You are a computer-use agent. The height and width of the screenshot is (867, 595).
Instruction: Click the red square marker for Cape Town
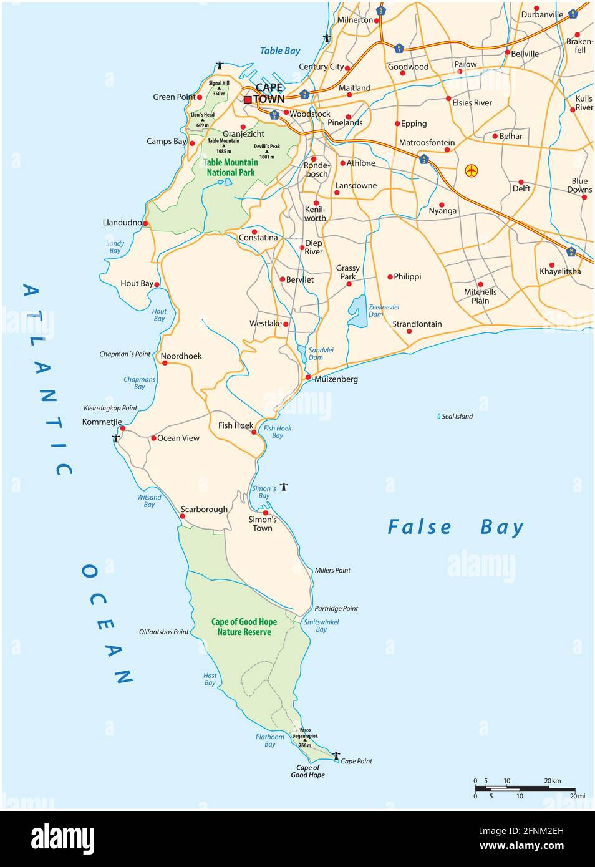[248, 100]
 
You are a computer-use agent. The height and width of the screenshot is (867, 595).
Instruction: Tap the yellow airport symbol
[472, 170]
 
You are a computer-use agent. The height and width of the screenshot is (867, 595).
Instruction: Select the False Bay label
[455, 528]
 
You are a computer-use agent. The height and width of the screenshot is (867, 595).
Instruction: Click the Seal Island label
[457, 416]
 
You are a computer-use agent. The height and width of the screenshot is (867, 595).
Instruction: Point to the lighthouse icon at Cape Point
[336, 755]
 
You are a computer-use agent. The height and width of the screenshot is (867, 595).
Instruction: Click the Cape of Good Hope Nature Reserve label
[244, 627]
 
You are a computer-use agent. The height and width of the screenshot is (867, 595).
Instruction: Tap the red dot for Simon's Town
[265, 513]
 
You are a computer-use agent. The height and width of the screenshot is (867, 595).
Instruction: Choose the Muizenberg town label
[336, 379]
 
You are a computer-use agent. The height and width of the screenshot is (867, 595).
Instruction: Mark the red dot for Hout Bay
[157, 284]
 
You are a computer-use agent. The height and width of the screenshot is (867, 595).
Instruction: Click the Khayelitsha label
[559, 271]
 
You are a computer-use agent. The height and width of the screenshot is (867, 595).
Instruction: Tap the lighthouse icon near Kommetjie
[115, 438]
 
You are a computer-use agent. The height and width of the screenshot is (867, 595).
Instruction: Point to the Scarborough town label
[204, 510]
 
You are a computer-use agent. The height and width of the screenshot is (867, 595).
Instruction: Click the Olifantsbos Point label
[163, 632]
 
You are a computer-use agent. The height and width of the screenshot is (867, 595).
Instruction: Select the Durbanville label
[541, 14]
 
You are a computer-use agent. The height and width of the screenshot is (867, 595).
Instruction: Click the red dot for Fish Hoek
[254, 432]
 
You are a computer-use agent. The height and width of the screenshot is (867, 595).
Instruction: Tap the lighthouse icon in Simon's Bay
[284, 487]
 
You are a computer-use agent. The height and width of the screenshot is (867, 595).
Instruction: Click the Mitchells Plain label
[480, 296]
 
